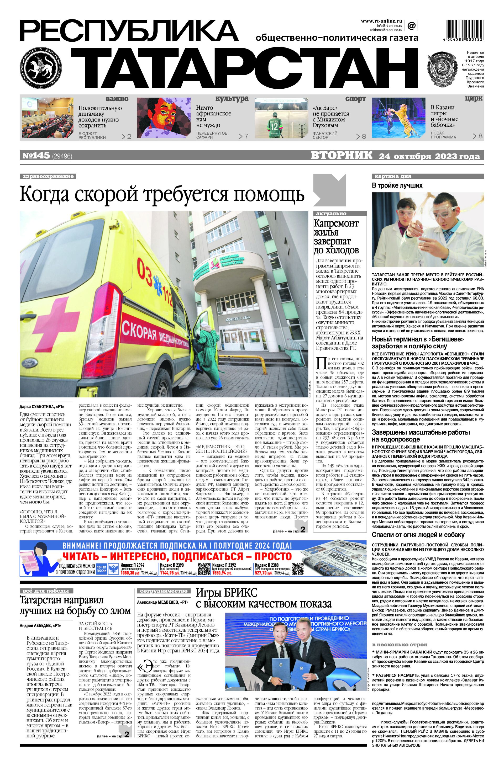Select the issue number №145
click(x=36, y=156)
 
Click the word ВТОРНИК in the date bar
click(x=341, y=156)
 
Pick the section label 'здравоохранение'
click(x=48, y=176)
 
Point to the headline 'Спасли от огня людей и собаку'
click(x=418, y=535)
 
